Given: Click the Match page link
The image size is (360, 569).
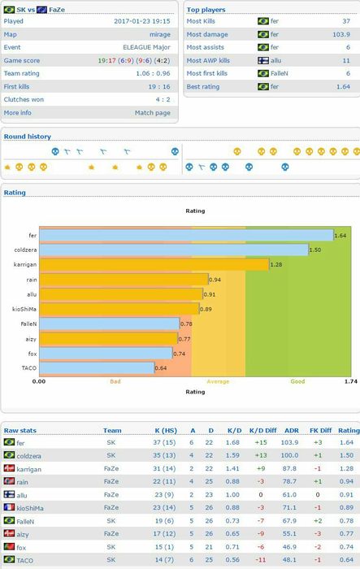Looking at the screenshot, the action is click(153, 113).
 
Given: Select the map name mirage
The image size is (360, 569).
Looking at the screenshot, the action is click(160, 34).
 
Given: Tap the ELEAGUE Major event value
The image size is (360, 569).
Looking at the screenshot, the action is click(146, 47).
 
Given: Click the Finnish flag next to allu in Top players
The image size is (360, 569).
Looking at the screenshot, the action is click(263, 60).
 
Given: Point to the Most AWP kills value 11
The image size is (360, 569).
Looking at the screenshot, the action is click(346, 61).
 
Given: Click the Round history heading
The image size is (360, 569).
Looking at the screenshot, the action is click(27, 137).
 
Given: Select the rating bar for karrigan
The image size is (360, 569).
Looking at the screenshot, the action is click(154, 264).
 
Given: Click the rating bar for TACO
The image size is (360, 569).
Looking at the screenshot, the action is click(97, 368).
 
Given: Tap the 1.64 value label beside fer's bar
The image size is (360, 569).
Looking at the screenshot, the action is click(340, 236).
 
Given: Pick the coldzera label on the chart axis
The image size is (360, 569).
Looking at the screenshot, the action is click(25, 250).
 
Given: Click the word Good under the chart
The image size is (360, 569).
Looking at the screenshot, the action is click(297, 381).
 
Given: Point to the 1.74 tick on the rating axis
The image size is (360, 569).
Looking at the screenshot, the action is click(351, 381).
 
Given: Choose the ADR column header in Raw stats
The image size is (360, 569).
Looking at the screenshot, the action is click(292, 430).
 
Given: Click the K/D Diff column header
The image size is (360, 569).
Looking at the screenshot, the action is click(262, 430).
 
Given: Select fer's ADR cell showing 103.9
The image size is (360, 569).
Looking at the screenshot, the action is click(289, 442).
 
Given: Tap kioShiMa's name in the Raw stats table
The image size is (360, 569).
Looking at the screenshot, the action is click(30, 508).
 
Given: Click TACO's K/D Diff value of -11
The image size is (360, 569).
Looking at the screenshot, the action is click(261, 560).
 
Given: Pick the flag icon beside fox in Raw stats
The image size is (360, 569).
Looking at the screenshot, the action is click(9, 546).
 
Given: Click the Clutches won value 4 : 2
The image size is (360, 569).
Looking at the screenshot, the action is click(163, 99).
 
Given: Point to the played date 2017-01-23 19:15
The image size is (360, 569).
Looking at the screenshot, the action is click(142, 21).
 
